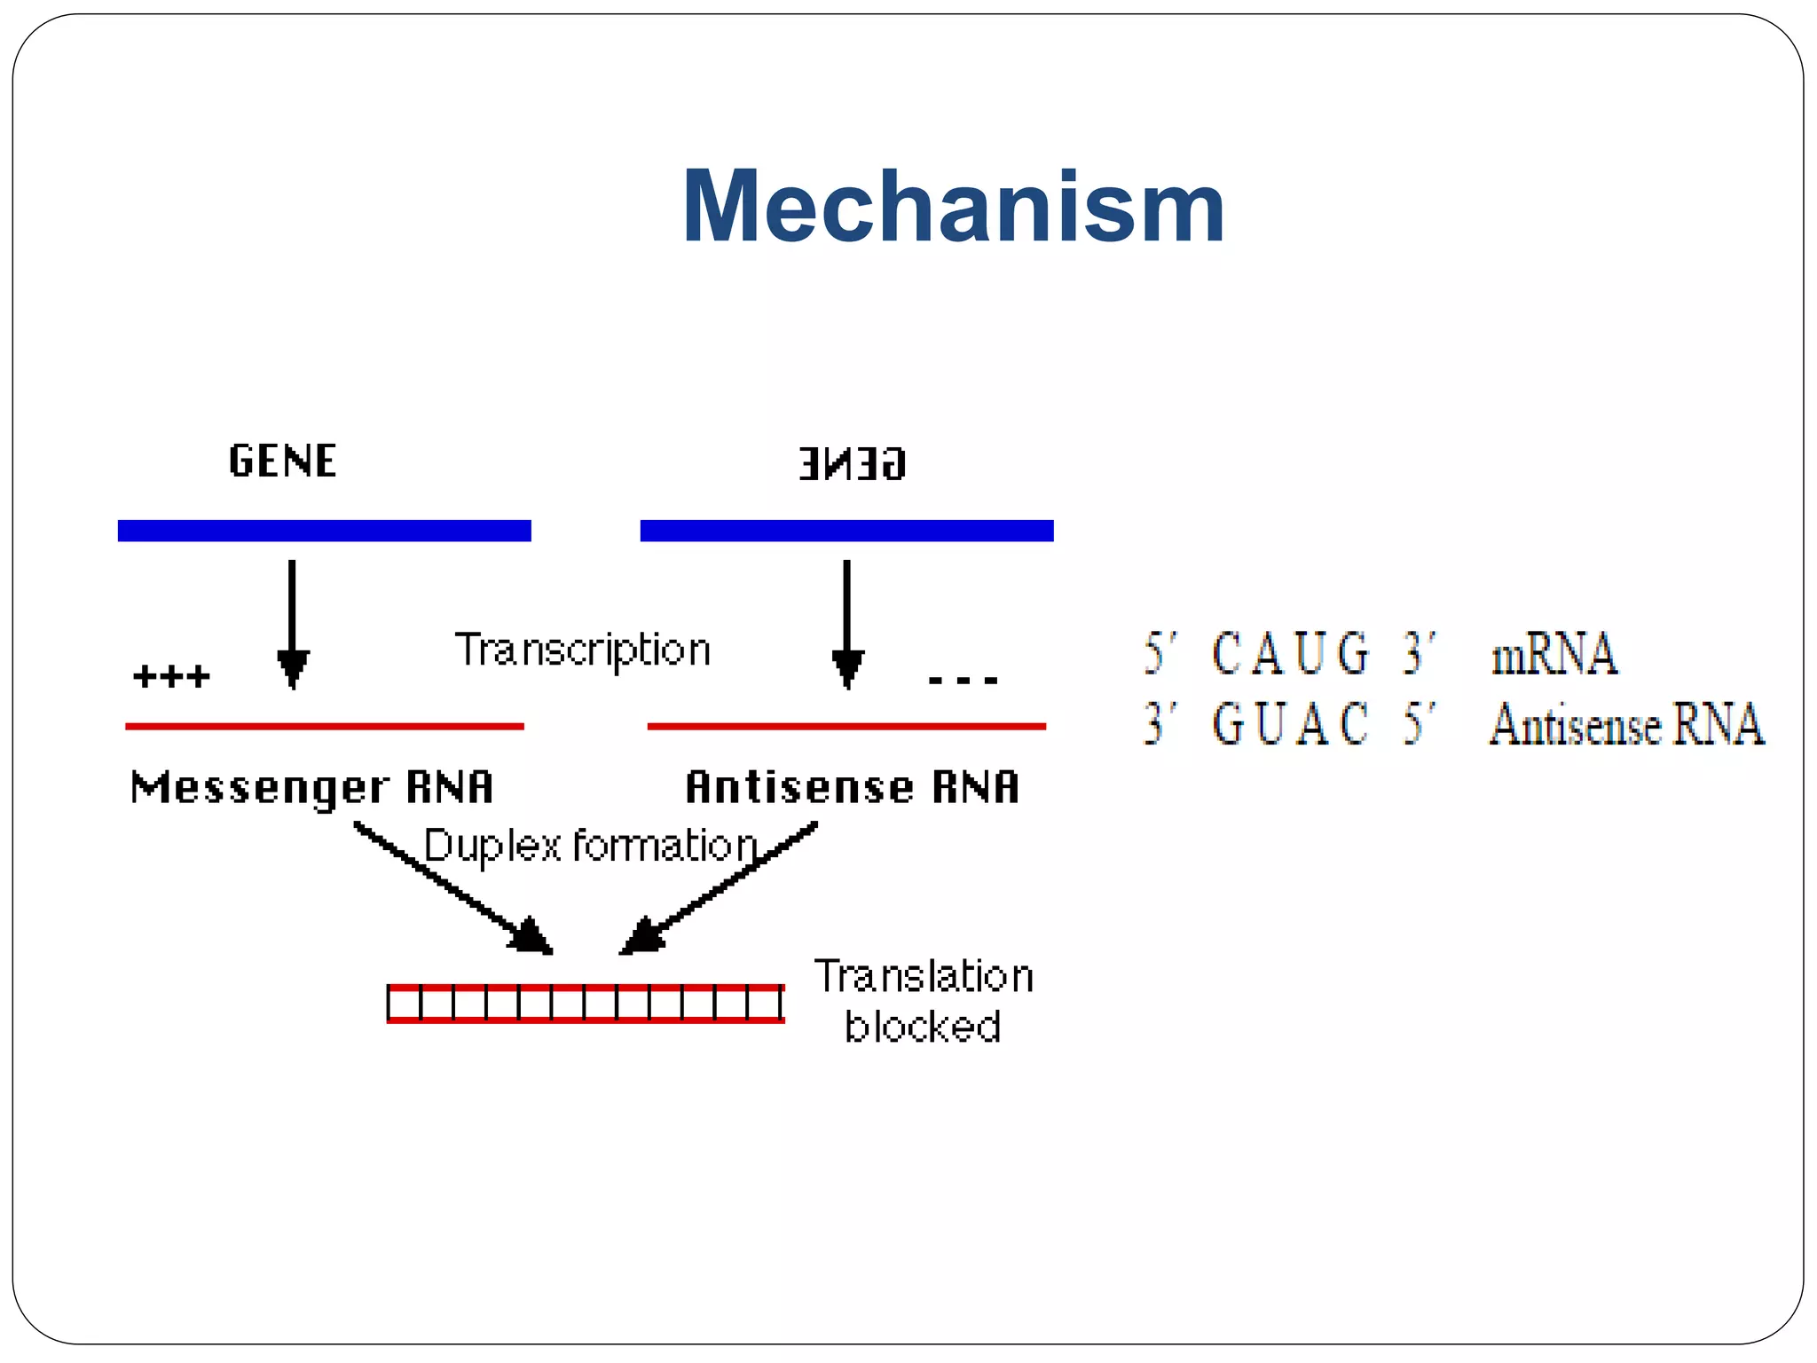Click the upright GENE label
click(282, 461)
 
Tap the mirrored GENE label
click(852, 464)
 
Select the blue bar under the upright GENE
click(324, 531)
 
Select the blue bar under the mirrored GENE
click(846, 531)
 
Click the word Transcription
click(583, 650)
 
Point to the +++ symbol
click(171, 677)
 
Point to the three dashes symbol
click(963, 681)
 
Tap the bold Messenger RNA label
click(311, 787)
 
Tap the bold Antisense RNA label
click(852, 787)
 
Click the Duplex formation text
click(590, 845)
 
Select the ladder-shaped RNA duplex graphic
click(586, 1004)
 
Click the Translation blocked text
click(924, 1001)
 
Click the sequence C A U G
click(1290, 654)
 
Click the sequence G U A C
click(1290, 724)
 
